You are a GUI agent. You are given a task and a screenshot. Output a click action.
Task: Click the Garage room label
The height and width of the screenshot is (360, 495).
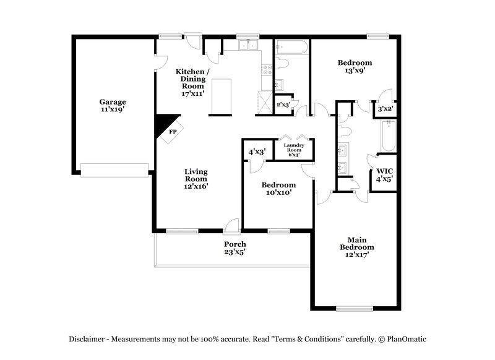pos(113,102)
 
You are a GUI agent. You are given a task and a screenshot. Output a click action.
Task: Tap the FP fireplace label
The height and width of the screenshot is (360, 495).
pos(173,132)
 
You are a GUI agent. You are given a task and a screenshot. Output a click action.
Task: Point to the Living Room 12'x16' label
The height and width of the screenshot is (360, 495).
pos(195,178)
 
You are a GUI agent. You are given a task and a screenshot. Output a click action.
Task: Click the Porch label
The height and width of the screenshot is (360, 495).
pos(235,244)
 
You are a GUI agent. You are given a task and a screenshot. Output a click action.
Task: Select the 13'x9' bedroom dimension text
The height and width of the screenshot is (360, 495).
pos(355,71)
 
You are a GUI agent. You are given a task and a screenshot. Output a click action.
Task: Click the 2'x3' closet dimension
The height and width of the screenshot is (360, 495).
pos(283,105)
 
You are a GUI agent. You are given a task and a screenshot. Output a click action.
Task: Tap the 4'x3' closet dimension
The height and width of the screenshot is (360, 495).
pos(257,152)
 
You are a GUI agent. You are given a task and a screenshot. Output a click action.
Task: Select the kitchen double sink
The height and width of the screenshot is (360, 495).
pos(249,45)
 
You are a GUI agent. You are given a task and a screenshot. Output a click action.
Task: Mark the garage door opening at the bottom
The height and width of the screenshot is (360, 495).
pos(114,169)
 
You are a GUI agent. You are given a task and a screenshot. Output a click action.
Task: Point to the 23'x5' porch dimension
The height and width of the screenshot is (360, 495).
pos(235,252)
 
